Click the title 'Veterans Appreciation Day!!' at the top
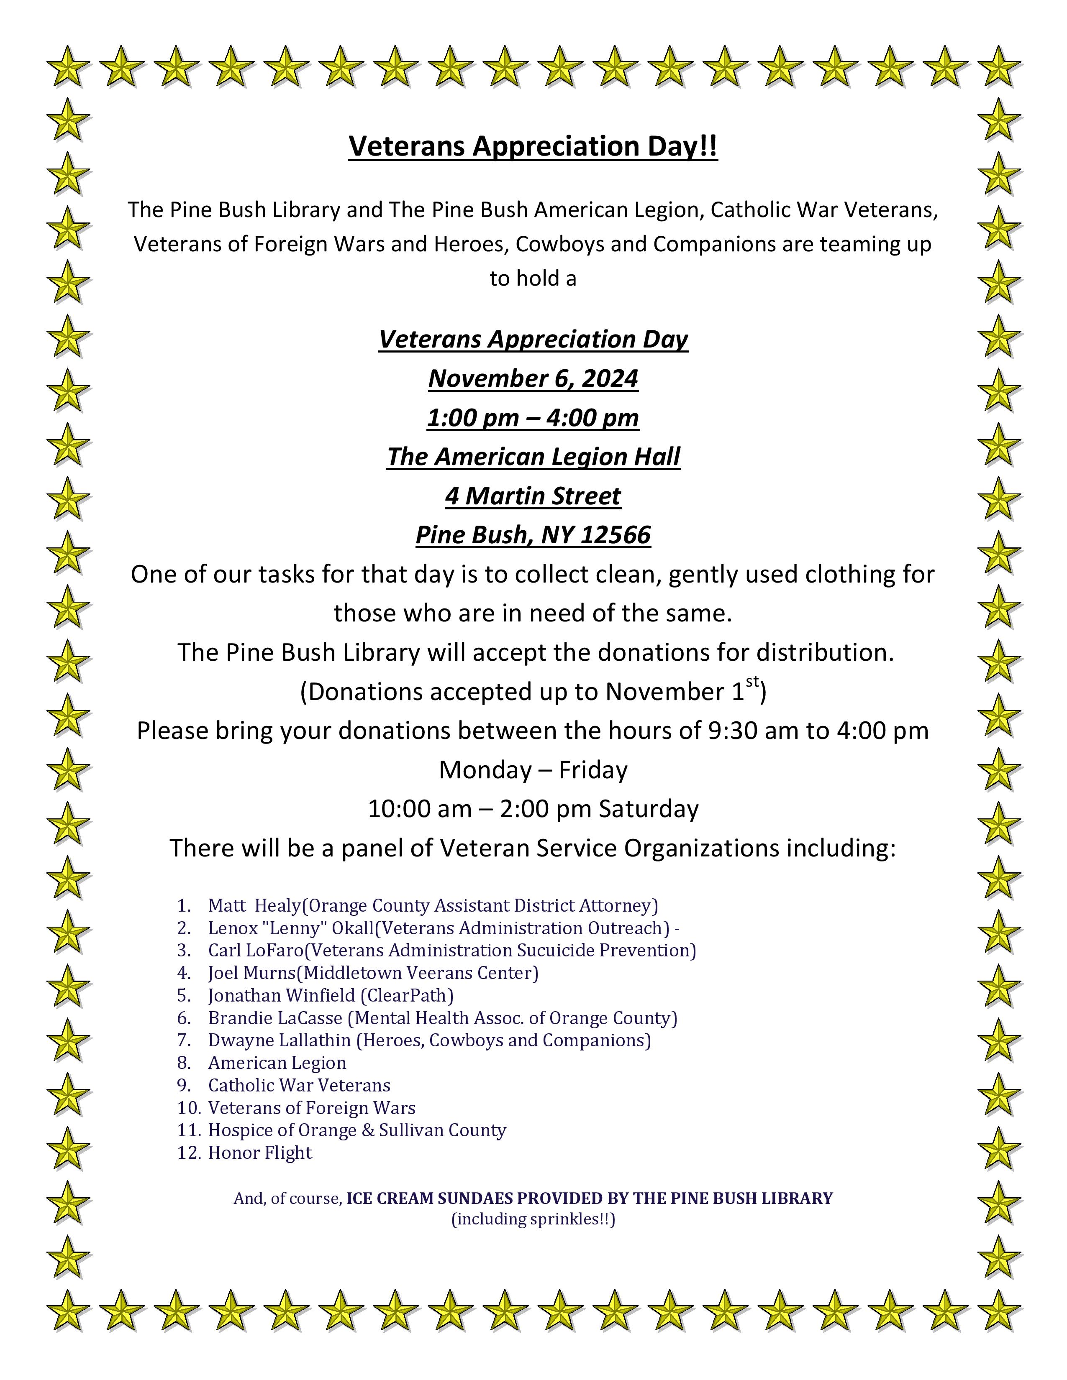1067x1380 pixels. pos(533,147)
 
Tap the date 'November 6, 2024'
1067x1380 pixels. pos(533,378)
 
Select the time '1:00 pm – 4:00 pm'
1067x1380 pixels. pos(533,418)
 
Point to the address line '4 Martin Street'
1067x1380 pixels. pos(533,496)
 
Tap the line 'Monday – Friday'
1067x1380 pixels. pos(533,769)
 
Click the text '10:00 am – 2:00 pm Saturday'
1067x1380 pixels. pos(533,809)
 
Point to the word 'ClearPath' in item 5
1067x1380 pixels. pos(407,995)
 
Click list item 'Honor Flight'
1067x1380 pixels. pos(260,1153)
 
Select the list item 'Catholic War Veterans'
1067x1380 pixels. pos(299,1085)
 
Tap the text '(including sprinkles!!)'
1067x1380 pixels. pos(533,1219)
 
